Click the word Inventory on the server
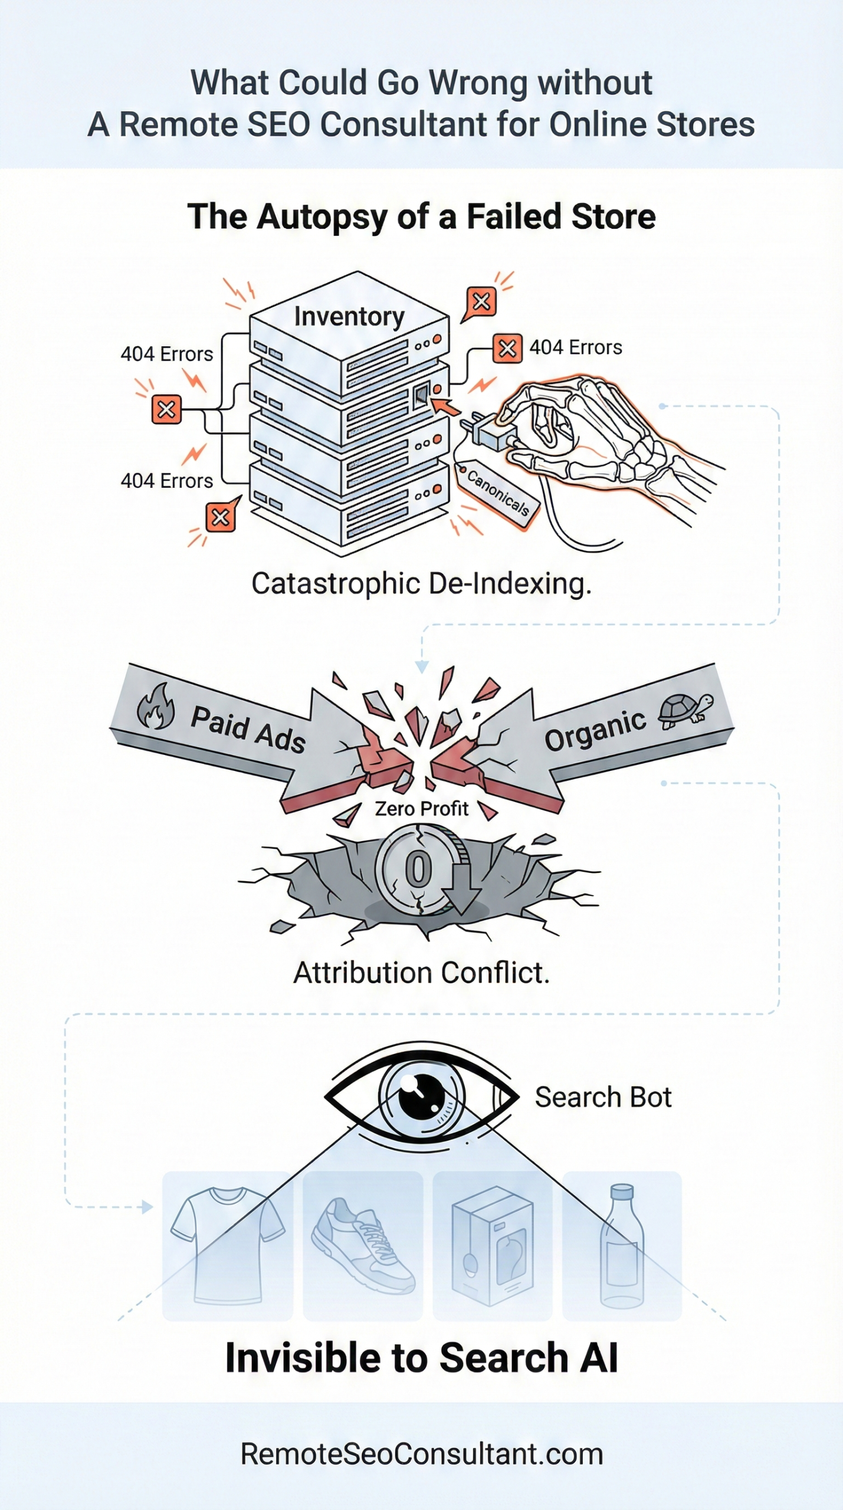349,317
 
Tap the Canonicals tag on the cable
498,492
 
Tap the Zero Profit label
421,808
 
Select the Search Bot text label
603,1098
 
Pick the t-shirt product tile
228,1245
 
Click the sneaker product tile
363,1245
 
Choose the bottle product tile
622,1245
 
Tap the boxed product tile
492,1245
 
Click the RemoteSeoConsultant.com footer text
421,1454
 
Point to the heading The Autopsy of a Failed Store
421,216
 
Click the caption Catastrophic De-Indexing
421,584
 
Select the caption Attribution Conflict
421,973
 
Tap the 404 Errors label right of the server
575,347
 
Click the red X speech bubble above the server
481,302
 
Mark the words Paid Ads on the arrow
248,729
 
